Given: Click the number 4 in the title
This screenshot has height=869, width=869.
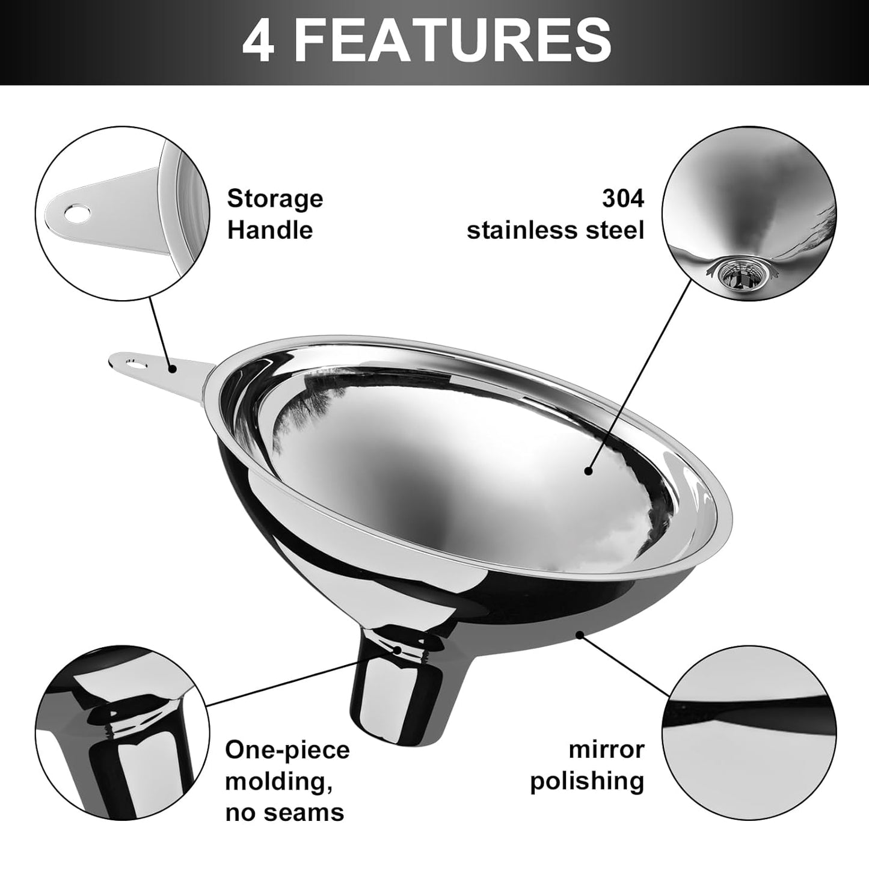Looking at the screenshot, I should click(x=259, y=40).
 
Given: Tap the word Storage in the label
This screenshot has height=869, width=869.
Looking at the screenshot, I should click(x=275, y=198).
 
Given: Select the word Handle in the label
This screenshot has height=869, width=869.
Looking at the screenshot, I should click(x=270, y=230).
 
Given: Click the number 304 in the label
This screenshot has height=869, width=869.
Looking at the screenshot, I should click(x=622, y=198).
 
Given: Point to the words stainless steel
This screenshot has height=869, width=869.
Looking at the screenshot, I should click(x=555, y=230).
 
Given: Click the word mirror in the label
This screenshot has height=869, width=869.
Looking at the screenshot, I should click(x=606, y=749).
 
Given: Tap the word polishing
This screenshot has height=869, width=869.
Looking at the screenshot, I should click(x=587, y=781).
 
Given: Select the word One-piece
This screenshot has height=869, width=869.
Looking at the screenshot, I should click(x=287, y=750).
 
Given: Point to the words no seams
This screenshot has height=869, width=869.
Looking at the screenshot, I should click(x=284, y=813).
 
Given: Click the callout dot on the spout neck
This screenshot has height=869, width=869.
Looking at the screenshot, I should click(x=398, y=649).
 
